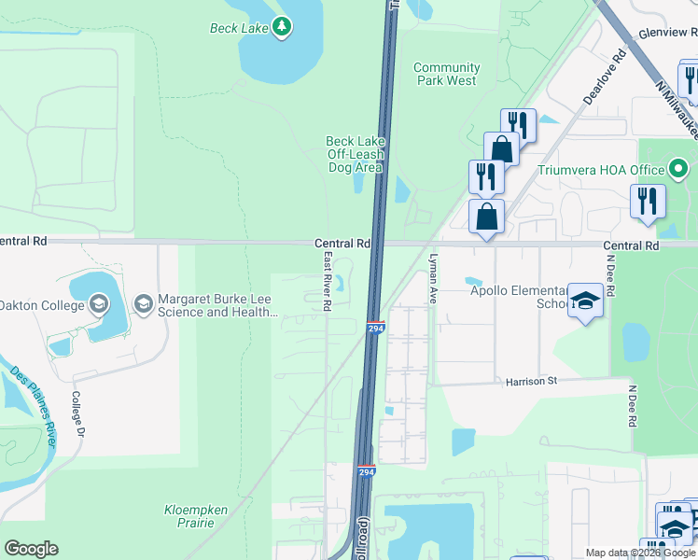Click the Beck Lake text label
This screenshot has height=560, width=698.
coord(238,28)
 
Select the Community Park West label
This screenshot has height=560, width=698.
coord(446,74)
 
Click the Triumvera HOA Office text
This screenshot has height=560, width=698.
coord(600,170)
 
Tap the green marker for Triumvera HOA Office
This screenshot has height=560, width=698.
coord(678,170)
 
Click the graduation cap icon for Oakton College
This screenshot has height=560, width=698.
coord(98,304)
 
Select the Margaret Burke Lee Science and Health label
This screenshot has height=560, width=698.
coord(217,306)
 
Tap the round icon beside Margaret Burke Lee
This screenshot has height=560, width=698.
coord(143,304)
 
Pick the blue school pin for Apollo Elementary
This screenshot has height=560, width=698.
coord(585,302)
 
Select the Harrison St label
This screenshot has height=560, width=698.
coord(531,381)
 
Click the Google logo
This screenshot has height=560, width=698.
coord(31,549)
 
